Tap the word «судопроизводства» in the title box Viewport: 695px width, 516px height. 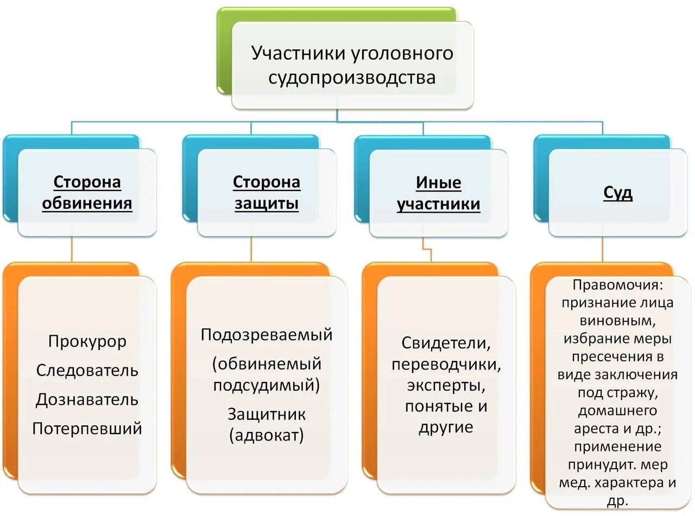pos(352,77)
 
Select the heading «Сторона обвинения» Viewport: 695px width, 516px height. pos(87,193)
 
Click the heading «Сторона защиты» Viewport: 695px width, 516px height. pos(267,193)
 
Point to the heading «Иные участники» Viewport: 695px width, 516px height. pos(439,193)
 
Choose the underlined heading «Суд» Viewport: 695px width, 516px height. pos(618,193)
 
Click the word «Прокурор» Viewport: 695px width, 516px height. pos(87,341)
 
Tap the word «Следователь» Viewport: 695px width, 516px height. pos(87,371)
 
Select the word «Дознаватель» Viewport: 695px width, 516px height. pos(87,400)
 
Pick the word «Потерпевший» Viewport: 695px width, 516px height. pos(87,429)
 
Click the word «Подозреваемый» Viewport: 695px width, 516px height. pos(267,335)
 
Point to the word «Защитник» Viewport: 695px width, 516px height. pos(267,415)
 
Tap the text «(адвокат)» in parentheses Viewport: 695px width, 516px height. pos(267,435)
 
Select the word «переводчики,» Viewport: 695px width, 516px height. pos(446,364)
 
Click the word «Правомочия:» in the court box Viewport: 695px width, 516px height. pos(618,285)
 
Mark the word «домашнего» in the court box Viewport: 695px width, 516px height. pos(618,411)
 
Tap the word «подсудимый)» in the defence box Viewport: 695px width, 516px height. pos(267,385)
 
